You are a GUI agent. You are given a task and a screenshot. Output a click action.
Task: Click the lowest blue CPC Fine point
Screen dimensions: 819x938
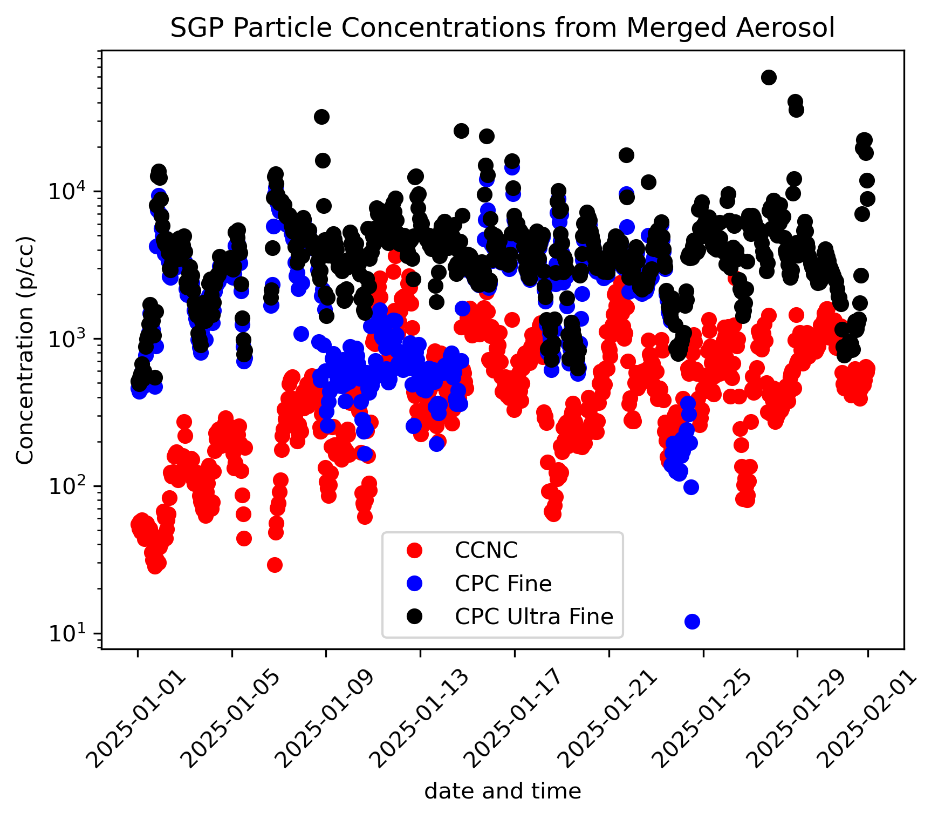pyautogui.click(x=692, y=621)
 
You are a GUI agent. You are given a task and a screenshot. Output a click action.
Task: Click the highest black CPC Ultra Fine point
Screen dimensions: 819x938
pyautogui.click(x=769, y=77)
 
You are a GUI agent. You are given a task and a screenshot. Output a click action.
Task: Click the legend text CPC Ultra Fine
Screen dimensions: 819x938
pyautogui.click(x=533, y=617)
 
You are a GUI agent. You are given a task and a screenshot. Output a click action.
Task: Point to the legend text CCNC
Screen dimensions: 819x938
pyautogui.click(x=486, y=551)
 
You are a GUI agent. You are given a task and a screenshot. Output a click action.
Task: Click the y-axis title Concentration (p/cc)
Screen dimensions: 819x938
pyautogui.click(x=25, y=350)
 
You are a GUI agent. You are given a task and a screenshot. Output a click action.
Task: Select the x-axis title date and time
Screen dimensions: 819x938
pyautogui.click(x=502, y=791)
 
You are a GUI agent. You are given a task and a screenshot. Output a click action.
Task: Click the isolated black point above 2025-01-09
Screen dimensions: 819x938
pyautogui.click(x=321, y=117)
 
